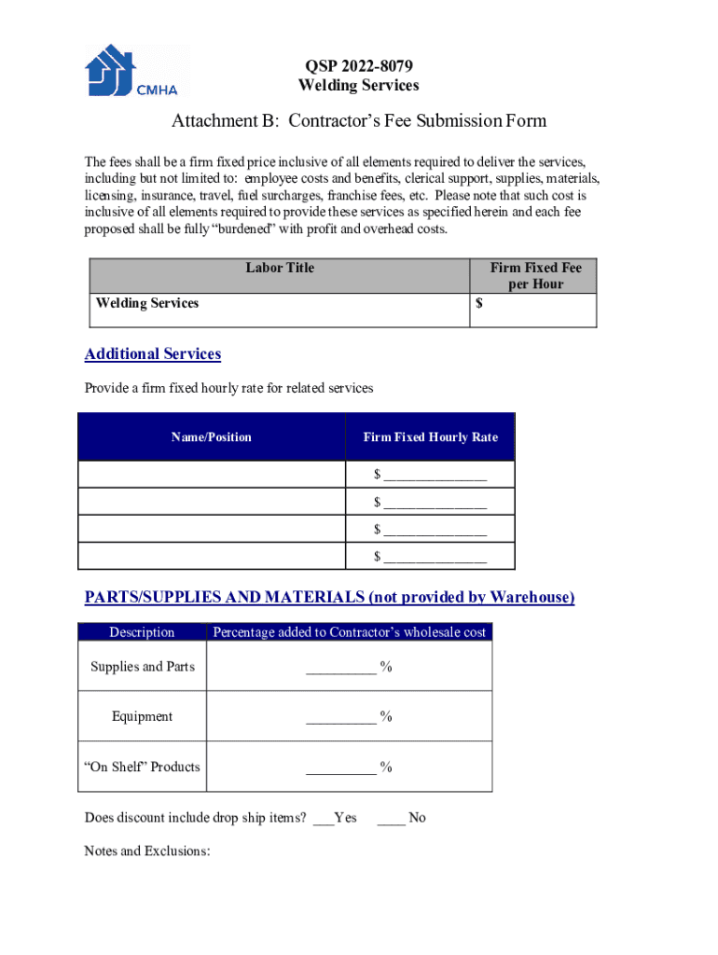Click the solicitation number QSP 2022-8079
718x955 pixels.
pyautogui.click(x=358, y=66)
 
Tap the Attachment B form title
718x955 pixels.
pyautogui.click(x=359, y=121)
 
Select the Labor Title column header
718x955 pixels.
pyautogui.click(x=280, y=268)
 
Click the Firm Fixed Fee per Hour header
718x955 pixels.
pyautogui.click(x=535, y=275)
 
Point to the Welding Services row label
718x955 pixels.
pyautogui.click(x=147, y=303)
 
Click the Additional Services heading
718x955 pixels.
pyautogui.click(x=153, y=354)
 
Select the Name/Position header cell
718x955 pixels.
pyautogui.click(x=212, y=437)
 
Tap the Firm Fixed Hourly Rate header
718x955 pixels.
pyautogui.click(x=430, y=437)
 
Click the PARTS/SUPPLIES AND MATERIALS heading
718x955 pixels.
pyautogui.click(x=329, y=597)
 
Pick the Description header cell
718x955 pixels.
pyautogui.click(x=142, y=632)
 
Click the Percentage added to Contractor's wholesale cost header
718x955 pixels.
pyautogui.click(x=350, y=632)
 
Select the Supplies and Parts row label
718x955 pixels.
pyautogui.click(x=143, y=667)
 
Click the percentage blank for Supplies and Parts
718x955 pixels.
pyautogui.click(x=340, y=667)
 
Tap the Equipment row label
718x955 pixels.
pyautogui.click(x=143, y=716)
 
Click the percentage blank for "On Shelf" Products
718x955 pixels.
pyautogui.click(x=340, y=768)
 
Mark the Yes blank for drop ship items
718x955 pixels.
pyautogui.click(x=323, y=818)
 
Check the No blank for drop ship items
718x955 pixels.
pyautogui.click(x=391, y=818)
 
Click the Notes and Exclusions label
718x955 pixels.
pyautogui.click(x=147, y=851)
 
